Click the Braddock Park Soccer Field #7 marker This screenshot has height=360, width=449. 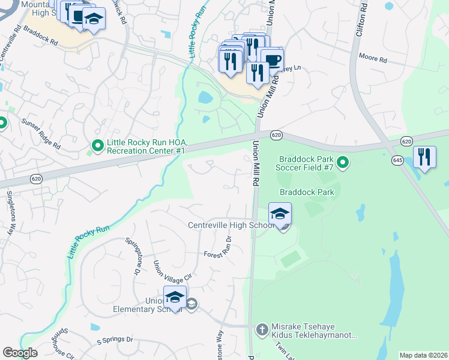click(343, 163)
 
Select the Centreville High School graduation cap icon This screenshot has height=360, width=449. click(280, 214)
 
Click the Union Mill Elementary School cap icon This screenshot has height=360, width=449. click(175, 298)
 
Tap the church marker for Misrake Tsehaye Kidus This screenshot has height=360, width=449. click(261, 329)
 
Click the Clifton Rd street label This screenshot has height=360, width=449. click(361, 20)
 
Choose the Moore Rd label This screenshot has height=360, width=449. click(373, 59)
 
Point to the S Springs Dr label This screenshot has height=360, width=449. click(115, 340)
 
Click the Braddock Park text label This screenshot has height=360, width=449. click(307, 192)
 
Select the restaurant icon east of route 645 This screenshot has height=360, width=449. click(424, 157)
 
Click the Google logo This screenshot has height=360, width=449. click(20, 353)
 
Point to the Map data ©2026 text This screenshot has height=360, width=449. click(423, 355)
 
